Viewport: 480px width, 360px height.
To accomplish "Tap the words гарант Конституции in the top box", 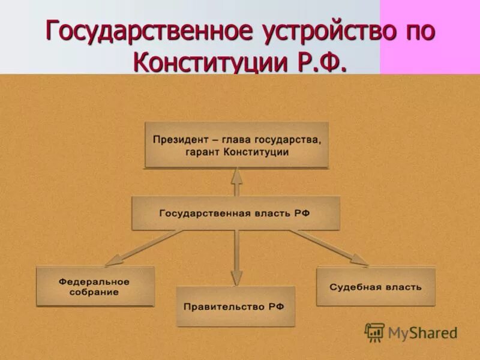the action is click(x=236, y=152).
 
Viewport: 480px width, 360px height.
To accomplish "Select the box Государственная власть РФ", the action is click(x=236, y=213).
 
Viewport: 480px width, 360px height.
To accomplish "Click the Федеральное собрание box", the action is click(x=95, y=286).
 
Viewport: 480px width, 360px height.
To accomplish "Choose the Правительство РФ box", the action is click(x=235, y=306).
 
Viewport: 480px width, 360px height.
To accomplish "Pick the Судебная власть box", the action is click(x=376, y=286).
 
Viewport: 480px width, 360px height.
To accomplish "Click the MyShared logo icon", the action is click(x=374, y=332).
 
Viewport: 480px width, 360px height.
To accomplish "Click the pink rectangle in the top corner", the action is click(x=430, y=36).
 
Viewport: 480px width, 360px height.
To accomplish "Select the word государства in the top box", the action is click(x=289, y=140).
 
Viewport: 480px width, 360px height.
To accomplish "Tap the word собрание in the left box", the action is click(x=95, y=292).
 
